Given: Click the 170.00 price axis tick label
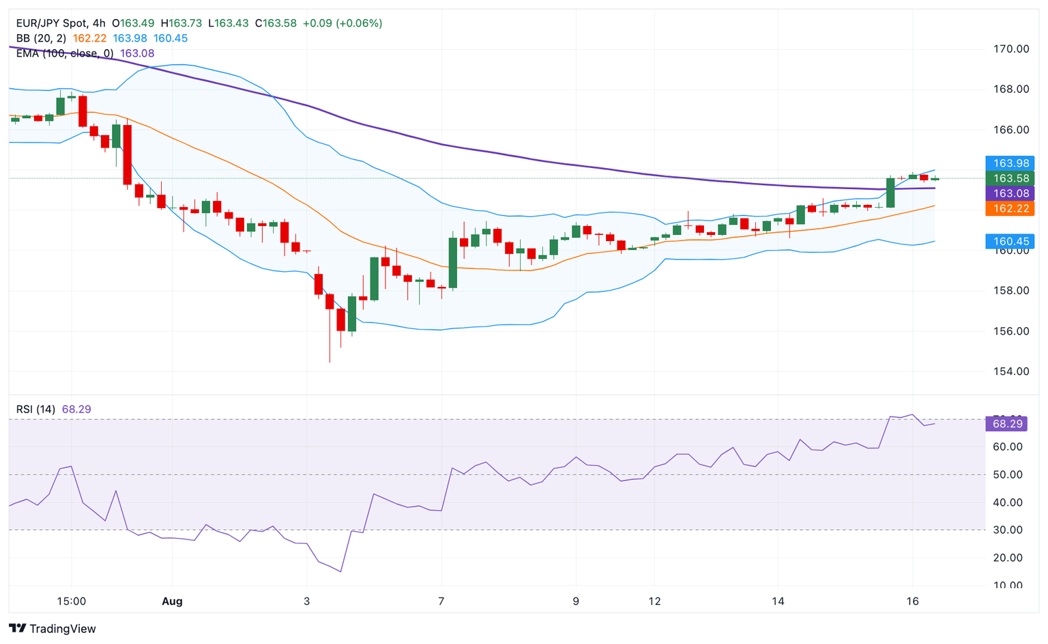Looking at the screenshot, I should pyautogui.click(x=1011, y=48).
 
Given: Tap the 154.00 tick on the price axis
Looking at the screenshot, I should pyautogui.click(x=1011, y=372).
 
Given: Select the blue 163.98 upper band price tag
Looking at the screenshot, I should pyautogui.click(x=1010, y=163).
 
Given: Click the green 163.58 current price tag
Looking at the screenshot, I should pyautogui.click(x=1010, y=178).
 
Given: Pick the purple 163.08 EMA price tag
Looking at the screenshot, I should pyautogui.click(x=1010, y=193).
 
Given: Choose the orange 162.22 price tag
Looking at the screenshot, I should pyautogui.click(x=1010, y=208).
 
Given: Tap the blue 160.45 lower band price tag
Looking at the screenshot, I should pyautogui.click(x=1010, y=241).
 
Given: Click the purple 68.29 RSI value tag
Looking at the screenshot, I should pyautogui.click(x=1007, y=424).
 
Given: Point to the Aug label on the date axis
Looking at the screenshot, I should pyautogui.click(x=172, y=602).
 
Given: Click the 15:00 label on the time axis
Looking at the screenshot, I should pyautogui.click(x=71, y=602).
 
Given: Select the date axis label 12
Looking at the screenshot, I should pyautogui.click(x=654, y=602).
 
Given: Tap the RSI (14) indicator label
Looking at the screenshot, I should pyautogui.click(x=35, y=409).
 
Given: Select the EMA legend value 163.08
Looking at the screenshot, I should pyautogui.click(x=137, y=53).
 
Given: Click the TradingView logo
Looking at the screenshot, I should pyautogui.click(x=53, y=628).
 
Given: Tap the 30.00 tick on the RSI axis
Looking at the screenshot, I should pyautogui.click(x=1007, y=530).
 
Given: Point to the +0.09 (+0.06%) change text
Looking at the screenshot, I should pyautogui.click(x=342, y=23).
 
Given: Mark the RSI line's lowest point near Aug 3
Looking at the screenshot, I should pyautogui.click(x=340, y=572).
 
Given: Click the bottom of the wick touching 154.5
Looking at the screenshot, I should pyautogui.click(x=330, y=362).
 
